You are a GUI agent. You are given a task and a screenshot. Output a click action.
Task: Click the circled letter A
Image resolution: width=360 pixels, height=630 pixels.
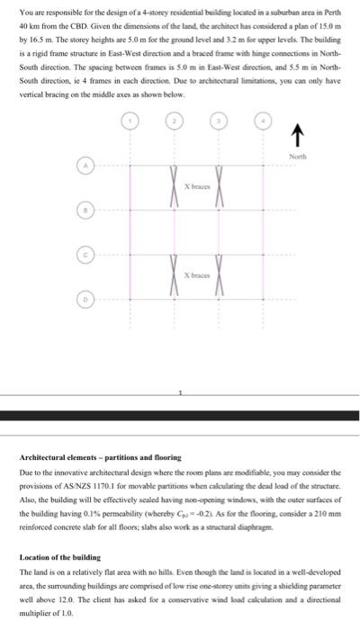[86, 166]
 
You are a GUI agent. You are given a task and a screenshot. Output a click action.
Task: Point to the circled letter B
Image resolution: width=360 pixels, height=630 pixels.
[86, 212]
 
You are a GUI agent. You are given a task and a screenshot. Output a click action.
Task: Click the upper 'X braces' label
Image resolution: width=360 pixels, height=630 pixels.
[196, 185]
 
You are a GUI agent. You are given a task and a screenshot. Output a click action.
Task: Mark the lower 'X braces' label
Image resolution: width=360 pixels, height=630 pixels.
[196, 274]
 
